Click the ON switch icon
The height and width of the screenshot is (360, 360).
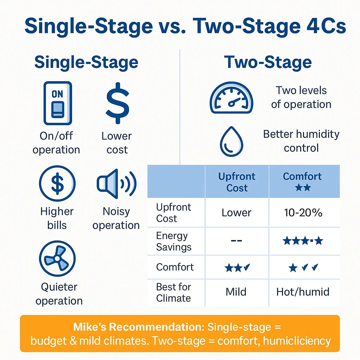pos(58,103)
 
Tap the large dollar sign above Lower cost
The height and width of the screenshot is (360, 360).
pos(117,103)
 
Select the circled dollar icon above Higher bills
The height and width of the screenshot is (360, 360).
pos(57,184)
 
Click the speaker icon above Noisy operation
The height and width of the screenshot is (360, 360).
pos(116,184)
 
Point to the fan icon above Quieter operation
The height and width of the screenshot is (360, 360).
pos(57,258)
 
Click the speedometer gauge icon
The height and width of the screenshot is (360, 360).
pos(231,98)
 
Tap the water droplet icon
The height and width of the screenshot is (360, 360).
pos(231,142)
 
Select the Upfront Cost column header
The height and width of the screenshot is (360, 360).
pos(237,182)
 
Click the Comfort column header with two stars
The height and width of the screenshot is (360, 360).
pos(302,182)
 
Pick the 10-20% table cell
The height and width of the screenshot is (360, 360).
pos(303,213)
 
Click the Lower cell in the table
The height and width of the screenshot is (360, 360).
pos(237,213)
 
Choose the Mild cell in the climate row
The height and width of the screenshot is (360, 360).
pos(236,292)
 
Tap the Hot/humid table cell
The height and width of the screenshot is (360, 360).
pos(303,292)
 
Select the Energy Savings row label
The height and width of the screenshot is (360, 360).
pos(174,241)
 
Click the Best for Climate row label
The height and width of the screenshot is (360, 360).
pos(174,292)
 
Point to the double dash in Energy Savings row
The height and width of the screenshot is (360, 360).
pos(236,240)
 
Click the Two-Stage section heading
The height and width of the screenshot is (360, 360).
pos(268,62)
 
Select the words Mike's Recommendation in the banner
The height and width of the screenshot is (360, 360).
pos(139,327)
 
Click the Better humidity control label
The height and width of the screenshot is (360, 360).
pos(301,141)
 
